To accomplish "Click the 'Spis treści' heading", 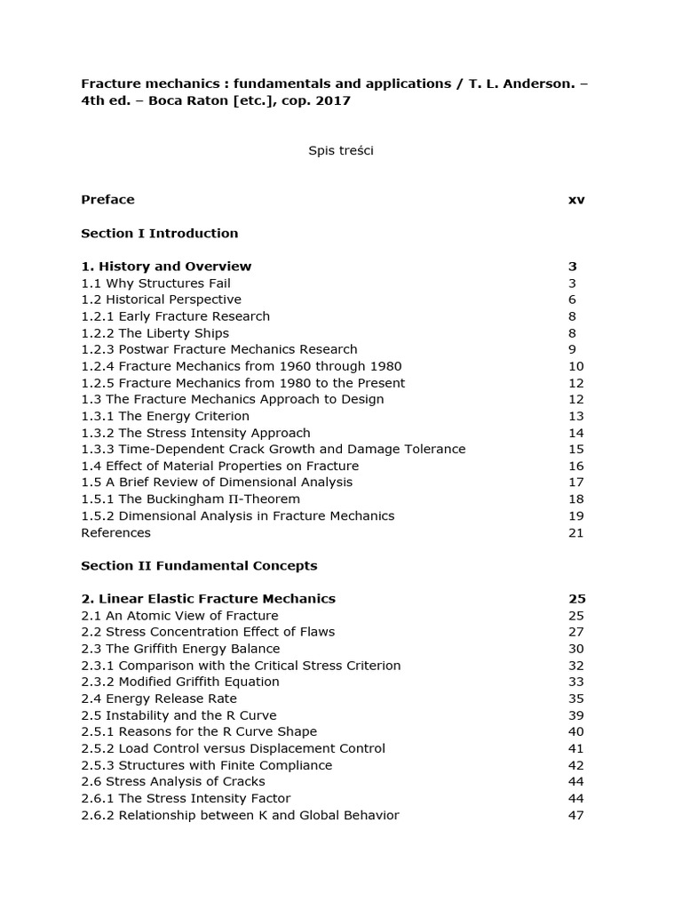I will pos(340,150).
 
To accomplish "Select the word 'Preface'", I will pos(107,199).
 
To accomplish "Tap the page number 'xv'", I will pos(576,199).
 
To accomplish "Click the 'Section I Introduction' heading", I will pos(159,233).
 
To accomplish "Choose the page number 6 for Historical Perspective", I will pos(572,299).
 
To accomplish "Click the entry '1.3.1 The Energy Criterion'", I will pos(164,416).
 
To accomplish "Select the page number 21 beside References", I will pos(575,532).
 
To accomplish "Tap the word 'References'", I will pos(115,532).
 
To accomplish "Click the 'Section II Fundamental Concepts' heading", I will pos(199,565).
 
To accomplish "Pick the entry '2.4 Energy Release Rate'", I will pos(159,698).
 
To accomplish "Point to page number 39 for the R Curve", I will pos(575,715).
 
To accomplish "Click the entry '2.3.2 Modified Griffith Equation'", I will pos(179,682).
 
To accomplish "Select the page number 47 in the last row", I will pos(575,815).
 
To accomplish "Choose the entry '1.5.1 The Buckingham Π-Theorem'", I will pos(190,499).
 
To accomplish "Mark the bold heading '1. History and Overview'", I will pos(166,266).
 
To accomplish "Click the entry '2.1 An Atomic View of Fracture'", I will pos(179,615).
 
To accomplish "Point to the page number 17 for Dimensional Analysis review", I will pos(575,482).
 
